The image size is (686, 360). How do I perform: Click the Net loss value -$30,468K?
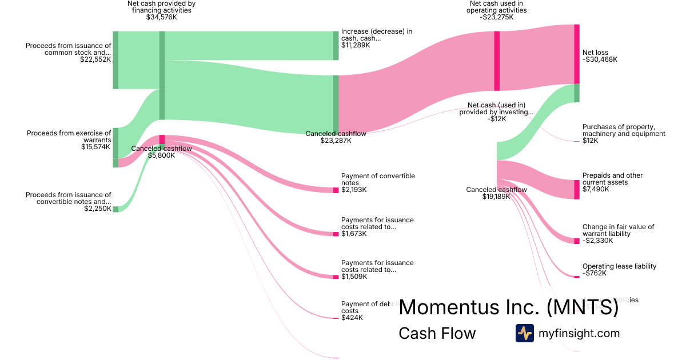point(600,59)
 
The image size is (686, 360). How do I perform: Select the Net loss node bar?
point(577,54)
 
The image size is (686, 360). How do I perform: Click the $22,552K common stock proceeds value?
point(95,59)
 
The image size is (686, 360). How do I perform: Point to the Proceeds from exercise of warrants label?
point(69,137)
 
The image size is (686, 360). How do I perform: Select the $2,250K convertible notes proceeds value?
point(97,209)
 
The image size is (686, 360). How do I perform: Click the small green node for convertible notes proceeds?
point(115,209)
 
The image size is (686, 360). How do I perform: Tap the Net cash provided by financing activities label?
point(162,7)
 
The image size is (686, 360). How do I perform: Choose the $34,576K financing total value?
point(162,17)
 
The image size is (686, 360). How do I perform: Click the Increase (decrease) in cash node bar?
point(336,46)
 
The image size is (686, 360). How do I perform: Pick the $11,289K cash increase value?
point(356,45)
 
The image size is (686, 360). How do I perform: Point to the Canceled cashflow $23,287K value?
point(336,141)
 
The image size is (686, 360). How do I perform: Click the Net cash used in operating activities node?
point(497,61)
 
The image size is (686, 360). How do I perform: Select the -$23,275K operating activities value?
point(496,17)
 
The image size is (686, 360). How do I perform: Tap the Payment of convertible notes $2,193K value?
point(354,190)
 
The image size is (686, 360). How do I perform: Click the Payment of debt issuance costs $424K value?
point(352,318)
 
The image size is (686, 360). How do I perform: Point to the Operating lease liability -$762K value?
point(595,273)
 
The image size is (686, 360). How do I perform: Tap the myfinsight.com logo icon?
point(524,333)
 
